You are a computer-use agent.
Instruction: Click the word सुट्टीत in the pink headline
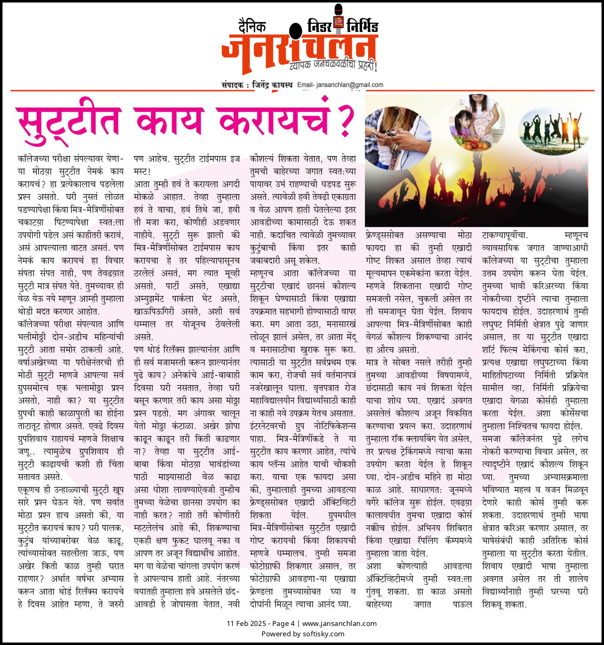pyautogui.click(x=68, y=121)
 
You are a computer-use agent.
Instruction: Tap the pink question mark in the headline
pyautogui.click(x=345, y=120)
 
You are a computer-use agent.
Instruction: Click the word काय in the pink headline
pyautogui.click(x=169, y=121)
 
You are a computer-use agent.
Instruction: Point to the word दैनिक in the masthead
pyautogui.click(x=252, y=26)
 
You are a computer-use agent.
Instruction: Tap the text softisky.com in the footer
pyautogui.click(x=323, y=634)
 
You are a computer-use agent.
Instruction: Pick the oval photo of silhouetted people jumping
pyautogui.click(x=554, y=130)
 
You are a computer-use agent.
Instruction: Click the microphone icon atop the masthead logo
pyautogui.click(x=338, y=19)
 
